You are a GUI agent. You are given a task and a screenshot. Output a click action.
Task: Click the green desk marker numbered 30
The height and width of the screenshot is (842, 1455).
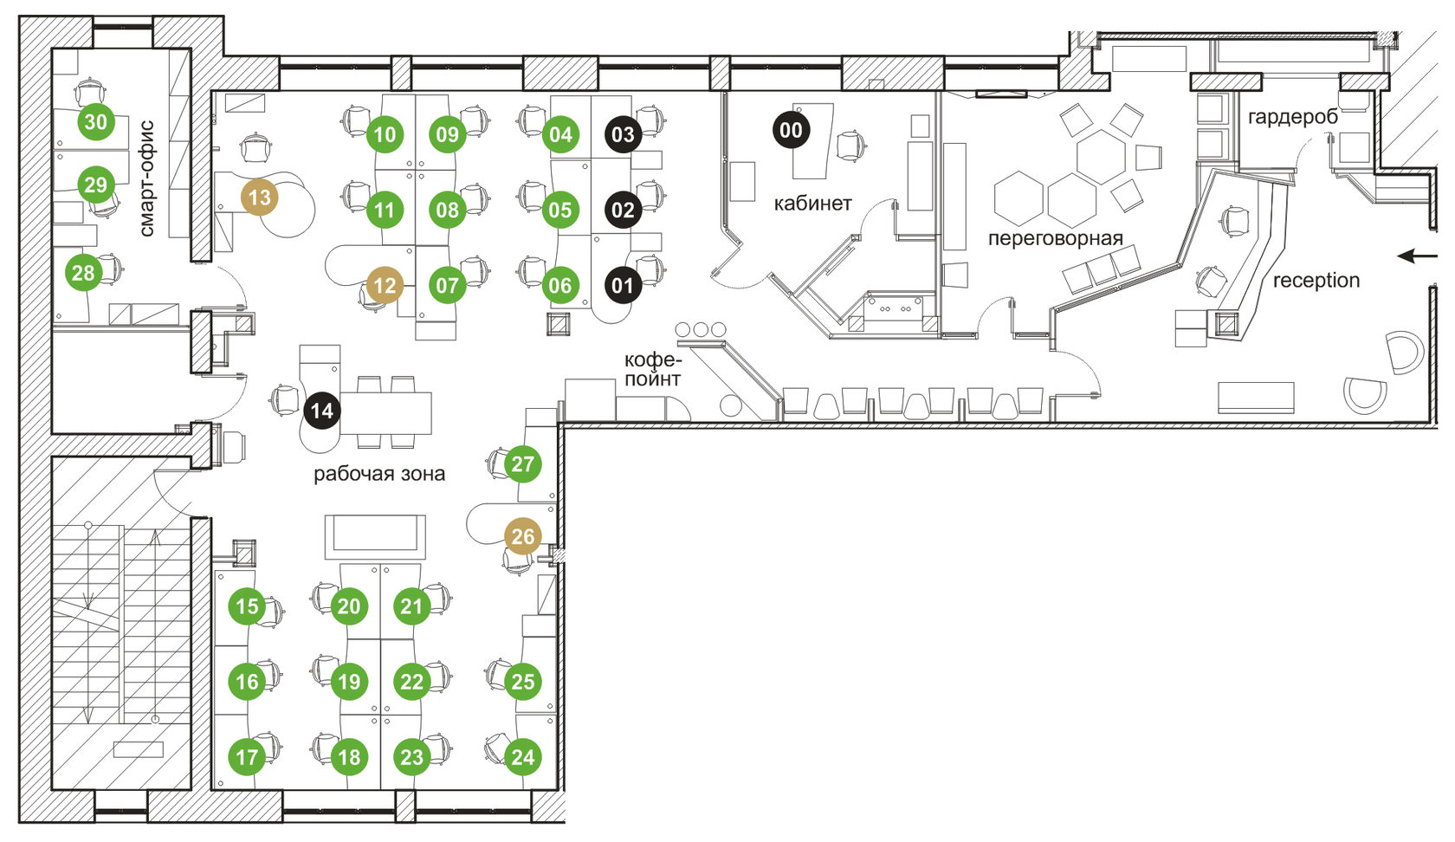pyautogui.click(x=95, y=121)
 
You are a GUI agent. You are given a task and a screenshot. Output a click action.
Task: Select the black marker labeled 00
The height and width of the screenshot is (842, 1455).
pyautogui.click(x=791, y=131)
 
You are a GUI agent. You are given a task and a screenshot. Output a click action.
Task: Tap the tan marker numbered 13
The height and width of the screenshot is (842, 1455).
pyautogui.click(x=260, y=198)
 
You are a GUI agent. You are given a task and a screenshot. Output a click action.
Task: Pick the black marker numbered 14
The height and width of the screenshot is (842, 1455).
pyautogui.click(x=321, y=411)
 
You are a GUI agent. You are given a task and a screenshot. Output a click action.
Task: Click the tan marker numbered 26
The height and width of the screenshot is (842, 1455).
pyautogui.click(x=523, y=537)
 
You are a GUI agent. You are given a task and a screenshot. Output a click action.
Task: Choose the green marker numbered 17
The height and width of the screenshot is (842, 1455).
pyautogui.click(x=248, y=757)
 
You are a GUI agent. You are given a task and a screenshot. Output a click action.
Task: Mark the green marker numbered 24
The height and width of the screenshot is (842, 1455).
pyautogui.click(x=523, y=757)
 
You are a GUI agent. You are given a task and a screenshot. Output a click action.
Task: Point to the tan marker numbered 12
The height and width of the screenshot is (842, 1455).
pyautogui.click(x=385, y=286)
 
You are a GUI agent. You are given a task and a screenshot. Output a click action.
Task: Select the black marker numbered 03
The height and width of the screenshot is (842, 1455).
pyautogui.click(x=623, y=134)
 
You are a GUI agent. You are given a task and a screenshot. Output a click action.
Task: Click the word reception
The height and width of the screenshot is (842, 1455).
pyautogui.click(x=1316, y=281)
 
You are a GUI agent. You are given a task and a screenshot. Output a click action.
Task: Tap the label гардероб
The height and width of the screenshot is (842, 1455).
pyautogui.click(x=1292, y=117)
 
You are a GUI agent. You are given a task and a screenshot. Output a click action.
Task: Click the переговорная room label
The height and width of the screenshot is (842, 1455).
pyautogui.click(x=1055, y=239)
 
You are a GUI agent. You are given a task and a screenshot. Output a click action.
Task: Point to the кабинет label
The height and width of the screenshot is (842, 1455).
pyautogui.click(x=812, y=204)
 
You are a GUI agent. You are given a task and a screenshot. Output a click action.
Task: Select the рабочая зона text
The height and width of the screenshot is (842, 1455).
pyautogui.click(x=379, y=474)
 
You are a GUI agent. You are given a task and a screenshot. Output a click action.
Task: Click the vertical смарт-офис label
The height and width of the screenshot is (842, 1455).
pyautogui.click(x=146, y=178)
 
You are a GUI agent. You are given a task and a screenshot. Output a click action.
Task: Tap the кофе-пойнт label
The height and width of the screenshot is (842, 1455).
pyautogui.click(x=653, y=369)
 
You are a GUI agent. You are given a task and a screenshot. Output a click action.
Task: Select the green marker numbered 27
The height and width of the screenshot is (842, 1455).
pyautogui.click(x=523, y=464)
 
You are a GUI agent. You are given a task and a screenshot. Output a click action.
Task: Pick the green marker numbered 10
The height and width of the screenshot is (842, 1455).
pyautogui.click(x=385, y=134)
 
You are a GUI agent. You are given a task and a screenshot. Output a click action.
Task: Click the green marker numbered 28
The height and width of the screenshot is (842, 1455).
pyautogui.click(x=83, y=274)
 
